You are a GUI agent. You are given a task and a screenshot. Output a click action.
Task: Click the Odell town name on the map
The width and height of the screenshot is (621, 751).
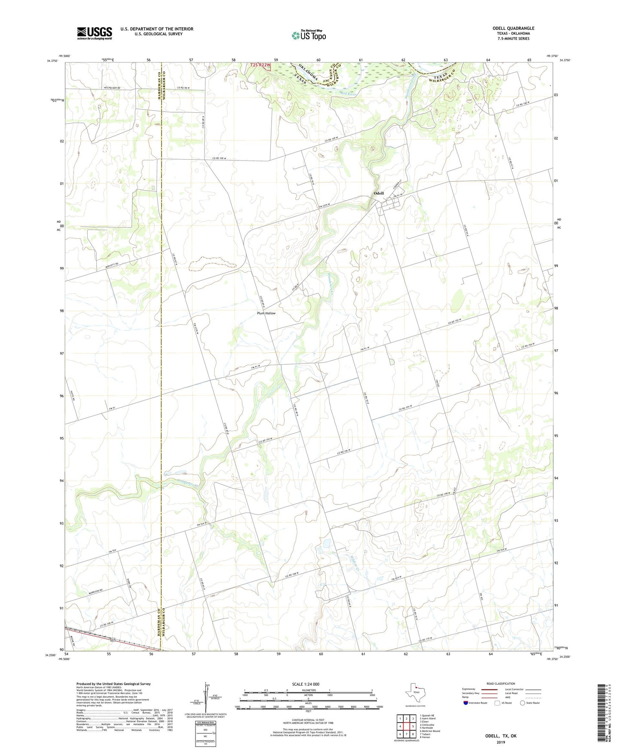[379, 193]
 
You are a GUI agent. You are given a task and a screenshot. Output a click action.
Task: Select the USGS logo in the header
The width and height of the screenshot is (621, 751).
[95, 33]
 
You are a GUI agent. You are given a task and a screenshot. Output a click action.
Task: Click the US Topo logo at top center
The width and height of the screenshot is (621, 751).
[308, 35]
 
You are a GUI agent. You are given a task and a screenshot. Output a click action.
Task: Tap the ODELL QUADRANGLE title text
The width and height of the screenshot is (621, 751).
[513, 28]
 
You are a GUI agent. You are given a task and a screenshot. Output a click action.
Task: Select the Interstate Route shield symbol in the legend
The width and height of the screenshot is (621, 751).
[466, 703]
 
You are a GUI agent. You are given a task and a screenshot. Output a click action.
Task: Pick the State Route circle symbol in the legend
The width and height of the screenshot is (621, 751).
[522, 703]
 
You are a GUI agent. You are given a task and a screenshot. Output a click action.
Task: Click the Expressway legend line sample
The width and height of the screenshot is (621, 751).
[489, 689]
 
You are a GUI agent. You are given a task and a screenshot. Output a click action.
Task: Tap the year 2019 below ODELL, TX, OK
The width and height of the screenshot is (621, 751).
[501, 742]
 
